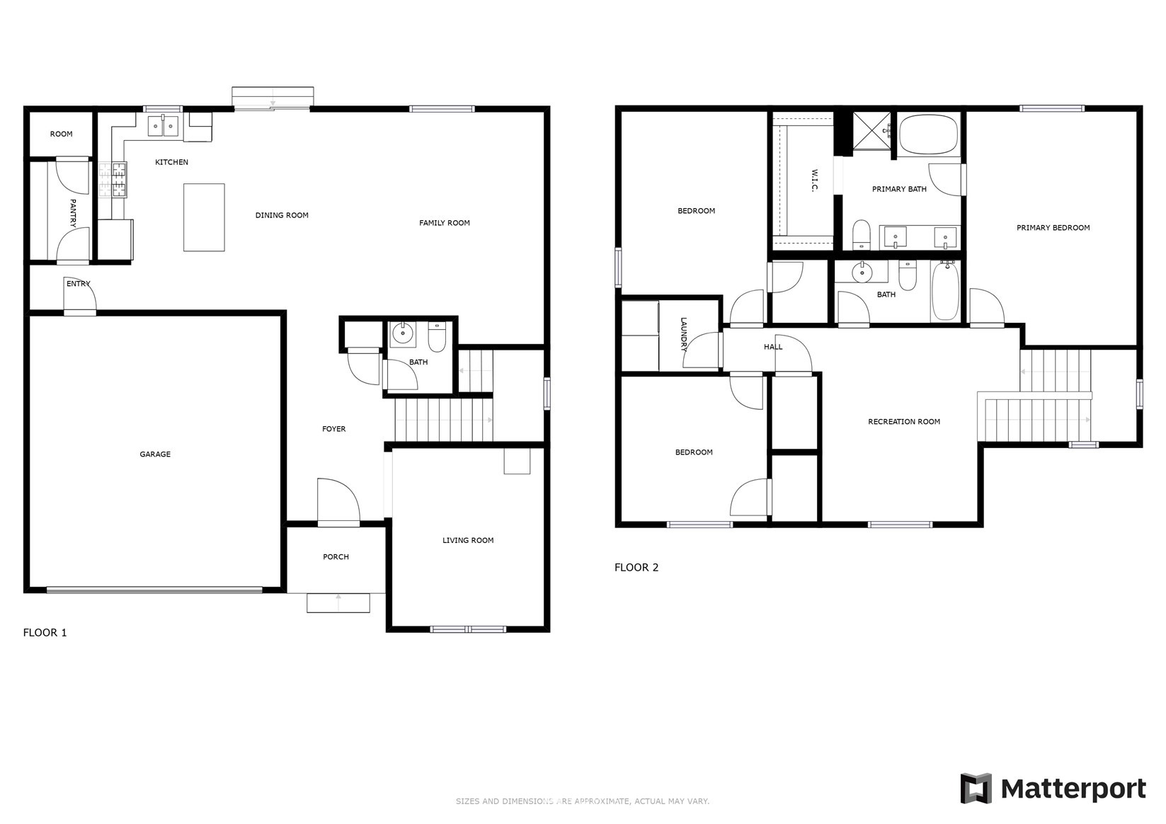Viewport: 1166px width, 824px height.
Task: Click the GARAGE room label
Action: (x=155, y=454)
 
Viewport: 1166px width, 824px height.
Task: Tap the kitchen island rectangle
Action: (x=204, y=217)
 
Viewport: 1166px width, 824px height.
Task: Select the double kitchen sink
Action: (x=163, y=126)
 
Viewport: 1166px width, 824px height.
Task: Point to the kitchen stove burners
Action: (x=113, y=180)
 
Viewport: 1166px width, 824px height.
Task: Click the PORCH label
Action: (x=336, y=556)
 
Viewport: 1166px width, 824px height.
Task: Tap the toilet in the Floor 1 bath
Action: (x=437, y=336)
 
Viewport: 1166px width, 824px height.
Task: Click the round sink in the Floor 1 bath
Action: (x=402, y=333)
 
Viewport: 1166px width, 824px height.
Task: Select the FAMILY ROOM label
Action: (x=445, y=223)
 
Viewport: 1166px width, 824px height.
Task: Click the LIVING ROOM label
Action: (x=468, y=540)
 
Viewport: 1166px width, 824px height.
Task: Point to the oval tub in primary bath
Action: (x=929, y=135)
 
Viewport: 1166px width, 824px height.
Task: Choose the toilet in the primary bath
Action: (x=862, y=234)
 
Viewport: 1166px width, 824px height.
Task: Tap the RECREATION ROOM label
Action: (x=904, y=422)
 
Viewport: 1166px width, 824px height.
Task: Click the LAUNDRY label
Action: (x=683, y=335)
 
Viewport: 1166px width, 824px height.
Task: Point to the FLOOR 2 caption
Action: (x=636, y=567)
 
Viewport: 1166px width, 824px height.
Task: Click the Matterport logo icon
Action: (x=976, y=789)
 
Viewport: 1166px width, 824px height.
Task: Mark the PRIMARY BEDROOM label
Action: (x=1053, y=227)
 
